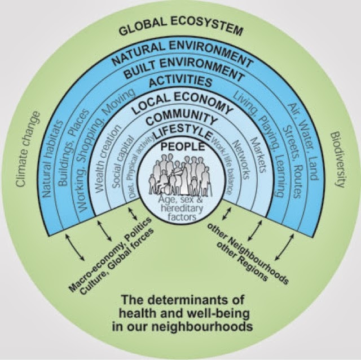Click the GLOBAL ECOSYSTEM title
[x=180, y=29]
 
